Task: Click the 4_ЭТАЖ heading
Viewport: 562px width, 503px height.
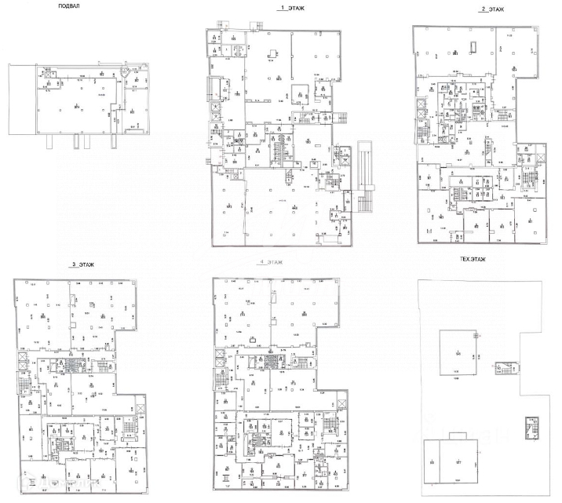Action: click(269, 261)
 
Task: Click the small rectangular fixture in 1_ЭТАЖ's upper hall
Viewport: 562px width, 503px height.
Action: click(272, 54)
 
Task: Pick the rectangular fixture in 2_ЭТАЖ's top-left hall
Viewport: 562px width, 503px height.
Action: click(473, 46)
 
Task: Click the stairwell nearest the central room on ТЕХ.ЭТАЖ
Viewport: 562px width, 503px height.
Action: click(502, 369)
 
